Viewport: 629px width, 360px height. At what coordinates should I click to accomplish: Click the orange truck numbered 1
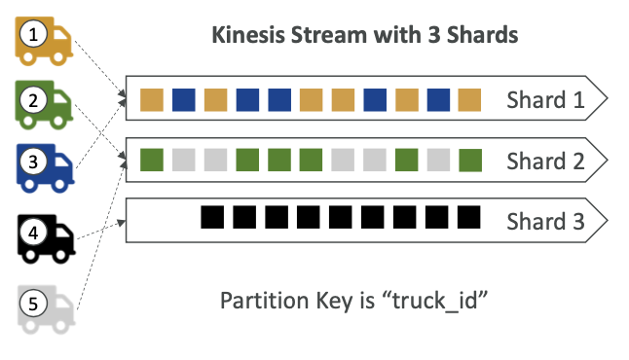click(x=44, y=41)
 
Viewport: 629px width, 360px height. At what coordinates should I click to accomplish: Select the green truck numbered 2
click(x=44, y=105)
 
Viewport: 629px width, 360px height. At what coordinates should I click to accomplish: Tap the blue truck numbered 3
click(x=45, y=168)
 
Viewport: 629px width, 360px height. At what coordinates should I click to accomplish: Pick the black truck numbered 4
click(x=46, y=239)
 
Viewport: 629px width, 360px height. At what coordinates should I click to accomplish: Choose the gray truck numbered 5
click(x=46, y=309)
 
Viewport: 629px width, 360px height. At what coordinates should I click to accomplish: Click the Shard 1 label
click(x=545, y=99)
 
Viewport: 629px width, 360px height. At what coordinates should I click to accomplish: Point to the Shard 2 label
click(x=545, y=161)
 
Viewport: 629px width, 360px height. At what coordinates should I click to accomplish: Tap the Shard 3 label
click(x=545, y=221)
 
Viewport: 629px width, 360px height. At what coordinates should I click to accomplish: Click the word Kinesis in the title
click(x=248, y=35)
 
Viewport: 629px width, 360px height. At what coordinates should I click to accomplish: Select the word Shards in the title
click(x=483, y=35)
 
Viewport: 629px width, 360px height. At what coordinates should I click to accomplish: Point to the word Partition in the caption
click(x=265, y=301)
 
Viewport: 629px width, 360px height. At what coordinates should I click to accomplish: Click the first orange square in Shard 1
click(x=152, y=100)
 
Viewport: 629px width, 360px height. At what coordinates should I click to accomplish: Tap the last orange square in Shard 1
click(x=469, y=100)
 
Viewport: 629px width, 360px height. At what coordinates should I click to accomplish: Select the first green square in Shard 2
click(x=152, y=160)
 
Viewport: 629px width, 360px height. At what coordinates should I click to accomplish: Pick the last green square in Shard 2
click(x=470, y=161)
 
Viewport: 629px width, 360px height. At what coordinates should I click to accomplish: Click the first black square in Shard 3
click(x=212, y=217)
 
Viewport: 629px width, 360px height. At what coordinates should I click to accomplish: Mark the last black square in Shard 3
click(x=469, y=217)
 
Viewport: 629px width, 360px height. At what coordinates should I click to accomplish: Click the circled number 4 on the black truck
click(x=34, y=233)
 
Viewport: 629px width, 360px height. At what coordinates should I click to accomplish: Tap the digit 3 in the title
click(x=434, y=35)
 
